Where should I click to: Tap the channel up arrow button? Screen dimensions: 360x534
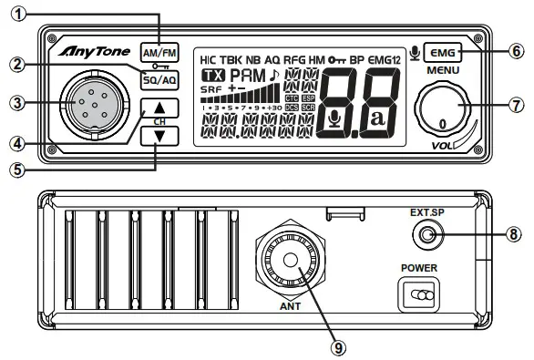click(x=159, y=108)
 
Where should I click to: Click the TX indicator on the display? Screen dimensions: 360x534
click(x=212, y=74)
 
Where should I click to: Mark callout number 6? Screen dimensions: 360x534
click(x=517, y=50)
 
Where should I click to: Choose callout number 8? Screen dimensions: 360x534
click(x=517, y=232)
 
